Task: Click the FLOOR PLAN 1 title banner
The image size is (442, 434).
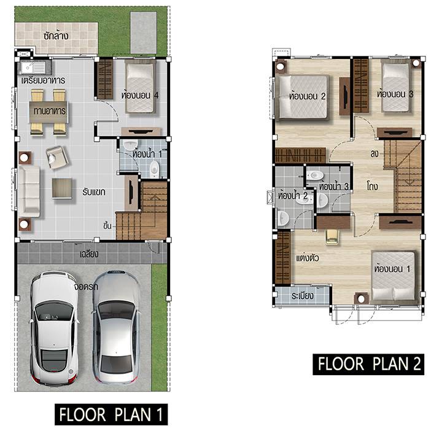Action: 111,414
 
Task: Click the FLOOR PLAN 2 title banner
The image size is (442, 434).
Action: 368,364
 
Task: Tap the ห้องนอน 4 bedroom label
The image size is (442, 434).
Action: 140,95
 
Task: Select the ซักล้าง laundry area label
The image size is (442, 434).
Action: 56,36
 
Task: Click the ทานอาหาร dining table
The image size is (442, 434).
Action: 48,112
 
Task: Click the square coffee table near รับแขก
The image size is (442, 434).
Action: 62,188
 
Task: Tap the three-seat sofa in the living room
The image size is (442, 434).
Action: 29,192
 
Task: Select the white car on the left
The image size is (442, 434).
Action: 54,328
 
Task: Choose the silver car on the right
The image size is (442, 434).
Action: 117,327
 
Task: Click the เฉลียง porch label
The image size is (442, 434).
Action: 89,254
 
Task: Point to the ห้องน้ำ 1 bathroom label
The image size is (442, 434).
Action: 147,154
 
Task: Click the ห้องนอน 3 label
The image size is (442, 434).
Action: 395,94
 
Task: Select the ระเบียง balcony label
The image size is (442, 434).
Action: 303,296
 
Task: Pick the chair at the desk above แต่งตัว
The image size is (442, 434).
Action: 332,236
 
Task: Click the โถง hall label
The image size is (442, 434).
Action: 373,186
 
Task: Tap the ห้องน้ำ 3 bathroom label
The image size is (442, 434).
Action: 334,186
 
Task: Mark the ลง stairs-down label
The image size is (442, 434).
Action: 374,154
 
